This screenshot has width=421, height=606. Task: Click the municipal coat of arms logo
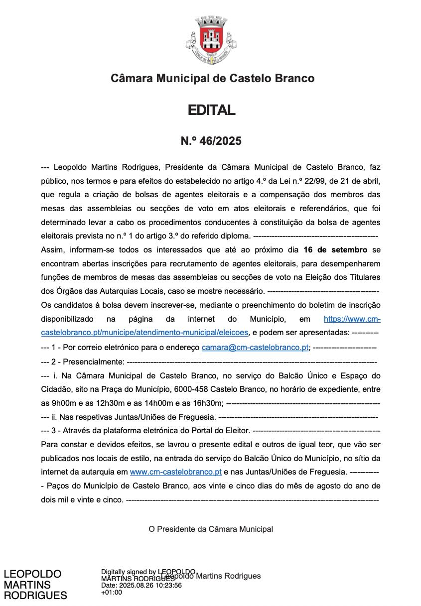211,40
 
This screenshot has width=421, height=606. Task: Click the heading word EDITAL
211,110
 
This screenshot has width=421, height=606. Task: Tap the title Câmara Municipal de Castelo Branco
212,78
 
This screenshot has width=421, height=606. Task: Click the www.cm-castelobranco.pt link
175,472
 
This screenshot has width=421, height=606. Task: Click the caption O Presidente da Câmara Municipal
211,529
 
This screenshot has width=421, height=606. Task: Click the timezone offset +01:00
111,593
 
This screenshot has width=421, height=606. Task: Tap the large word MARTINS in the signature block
27,585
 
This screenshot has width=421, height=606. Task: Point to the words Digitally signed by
129,572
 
